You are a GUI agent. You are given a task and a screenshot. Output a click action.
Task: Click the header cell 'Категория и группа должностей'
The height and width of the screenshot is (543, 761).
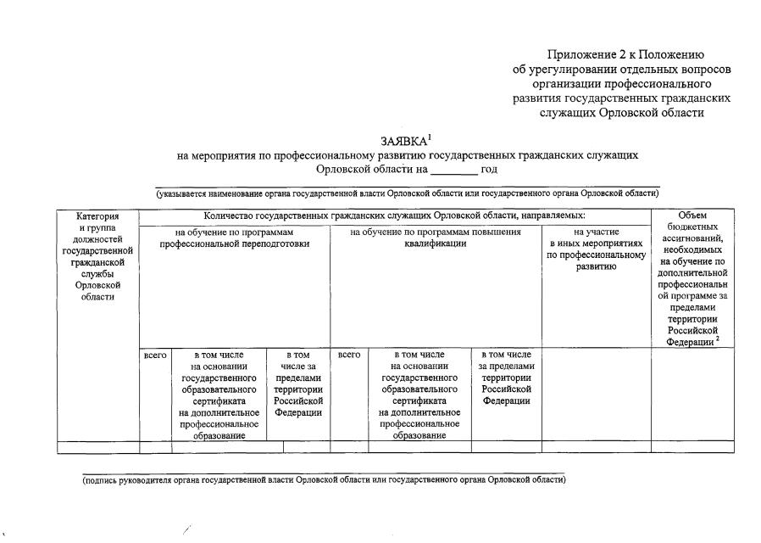point(97,255)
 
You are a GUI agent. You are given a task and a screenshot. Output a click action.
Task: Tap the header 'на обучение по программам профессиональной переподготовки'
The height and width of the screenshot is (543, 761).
point(235,238)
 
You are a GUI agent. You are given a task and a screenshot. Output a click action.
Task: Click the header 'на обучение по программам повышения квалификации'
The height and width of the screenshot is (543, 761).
point(435,238)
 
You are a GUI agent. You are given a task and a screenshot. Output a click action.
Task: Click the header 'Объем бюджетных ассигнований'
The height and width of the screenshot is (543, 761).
point(692,277)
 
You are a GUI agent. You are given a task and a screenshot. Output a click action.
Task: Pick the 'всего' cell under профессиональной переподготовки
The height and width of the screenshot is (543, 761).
point(155,354)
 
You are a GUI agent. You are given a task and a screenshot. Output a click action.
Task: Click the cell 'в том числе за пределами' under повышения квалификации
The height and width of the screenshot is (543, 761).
point(506,377)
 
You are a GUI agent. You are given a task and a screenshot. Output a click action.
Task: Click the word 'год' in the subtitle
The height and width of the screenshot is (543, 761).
point(488,169)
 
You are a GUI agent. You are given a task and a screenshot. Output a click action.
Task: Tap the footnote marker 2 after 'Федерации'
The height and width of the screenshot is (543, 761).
point(717,339)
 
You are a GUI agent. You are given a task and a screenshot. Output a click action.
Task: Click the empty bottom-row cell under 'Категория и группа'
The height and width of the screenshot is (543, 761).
point(97,447)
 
